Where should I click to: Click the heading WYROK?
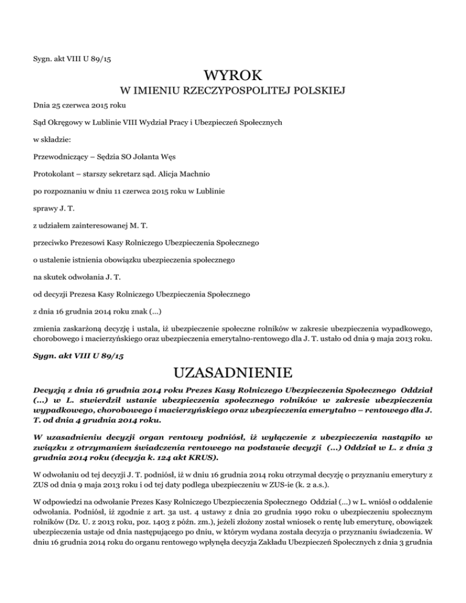(x=233, y=77)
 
